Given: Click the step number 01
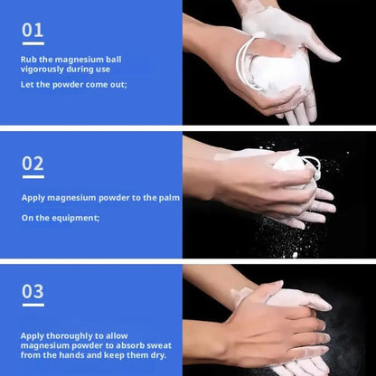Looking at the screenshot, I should [x=33, y=30].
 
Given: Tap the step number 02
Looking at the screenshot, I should [x=33, y=163].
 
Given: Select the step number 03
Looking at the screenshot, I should [x=33, y=291].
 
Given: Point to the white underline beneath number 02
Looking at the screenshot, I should [x=33, y=176].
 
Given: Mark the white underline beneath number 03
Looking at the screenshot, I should [x=33, y=305].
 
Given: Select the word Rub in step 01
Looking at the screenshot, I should [x=29, y=60].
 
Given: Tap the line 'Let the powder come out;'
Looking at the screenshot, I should [x=74, y=84].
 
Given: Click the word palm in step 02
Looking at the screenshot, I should [x=169, y=197].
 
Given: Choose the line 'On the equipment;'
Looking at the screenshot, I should [x=61, y=217].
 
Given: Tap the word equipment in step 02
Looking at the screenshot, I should [x=76, y=217].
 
